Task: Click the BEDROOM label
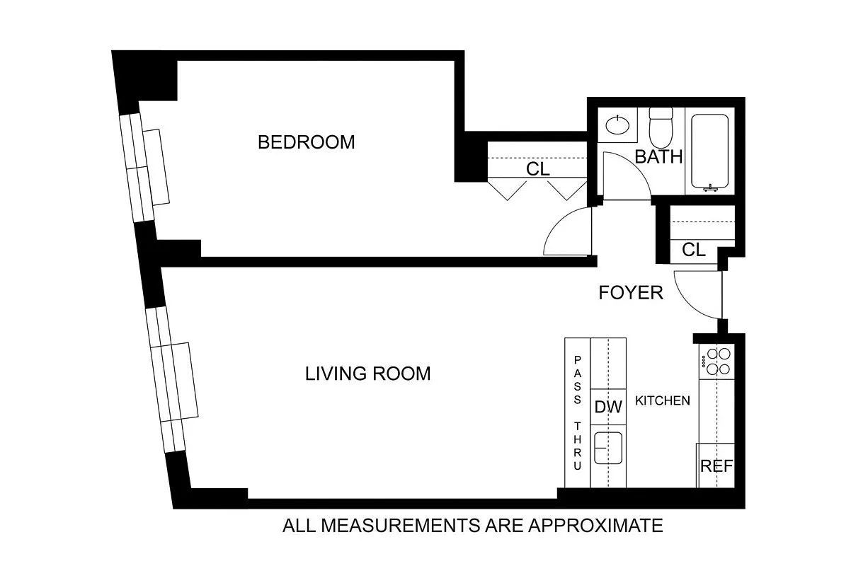click(306, 142)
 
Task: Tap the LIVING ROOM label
click(367, 374)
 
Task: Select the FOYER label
click(631, 293)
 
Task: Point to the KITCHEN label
click(662, 401)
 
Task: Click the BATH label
click(658, 157)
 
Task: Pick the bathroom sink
click(618, 126)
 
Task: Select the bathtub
click(709, 152)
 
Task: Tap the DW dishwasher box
click(607, 407)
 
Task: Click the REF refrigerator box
click(716, 466)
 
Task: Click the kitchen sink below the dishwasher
click(607, 447)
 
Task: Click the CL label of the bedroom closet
click(537, 170)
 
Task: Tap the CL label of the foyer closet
click(694, 250)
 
